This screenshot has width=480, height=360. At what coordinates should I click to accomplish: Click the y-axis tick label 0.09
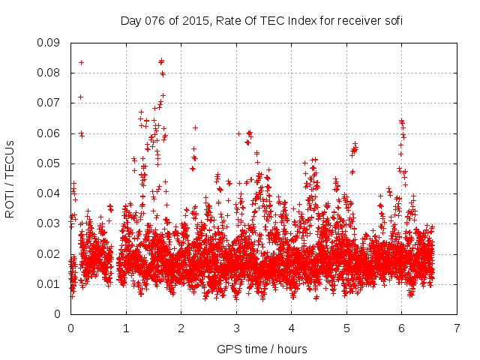pos(49,43)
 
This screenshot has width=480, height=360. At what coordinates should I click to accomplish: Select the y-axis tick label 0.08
pos(49,73)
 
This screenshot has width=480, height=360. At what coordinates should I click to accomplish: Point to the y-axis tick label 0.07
pos(49,103)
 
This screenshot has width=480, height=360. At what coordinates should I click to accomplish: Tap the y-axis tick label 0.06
pos(49,133)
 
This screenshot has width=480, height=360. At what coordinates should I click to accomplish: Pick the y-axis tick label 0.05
pos(49,163)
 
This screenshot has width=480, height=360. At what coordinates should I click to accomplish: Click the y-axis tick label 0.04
pos(49,193)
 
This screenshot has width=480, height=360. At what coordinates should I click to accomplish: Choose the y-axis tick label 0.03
pos(49,223)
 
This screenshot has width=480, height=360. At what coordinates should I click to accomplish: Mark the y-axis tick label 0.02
pos(49,253)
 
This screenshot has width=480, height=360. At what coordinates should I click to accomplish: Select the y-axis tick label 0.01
pos(49,283)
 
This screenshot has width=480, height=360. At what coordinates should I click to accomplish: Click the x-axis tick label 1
pos(126,328)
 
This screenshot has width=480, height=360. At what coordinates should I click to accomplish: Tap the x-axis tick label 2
pos(181,328)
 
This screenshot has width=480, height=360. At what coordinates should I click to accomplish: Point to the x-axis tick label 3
pos(236,328)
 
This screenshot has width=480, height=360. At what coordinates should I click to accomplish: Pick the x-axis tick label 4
pos(291,328)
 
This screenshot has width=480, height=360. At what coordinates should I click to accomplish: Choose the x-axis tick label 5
pos(346,328)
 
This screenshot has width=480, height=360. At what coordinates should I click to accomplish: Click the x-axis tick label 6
pos(401,328)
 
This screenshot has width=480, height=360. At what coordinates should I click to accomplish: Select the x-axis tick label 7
pos(457,328)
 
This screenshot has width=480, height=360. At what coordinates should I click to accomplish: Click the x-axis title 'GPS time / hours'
pos(263,349)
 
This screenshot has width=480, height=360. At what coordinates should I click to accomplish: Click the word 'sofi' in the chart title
pos(392,21)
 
